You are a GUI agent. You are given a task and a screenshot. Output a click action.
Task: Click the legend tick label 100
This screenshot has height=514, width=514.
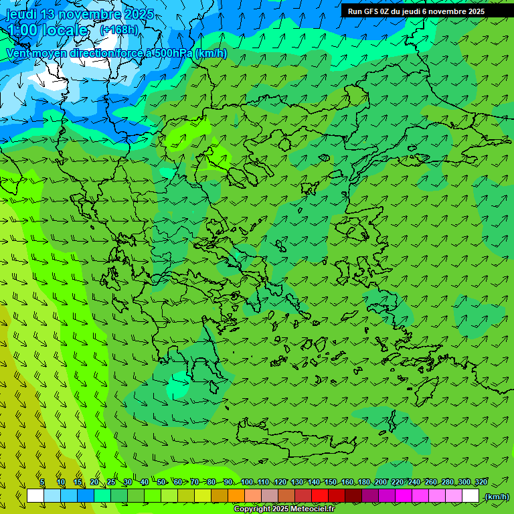[x=246, y=482]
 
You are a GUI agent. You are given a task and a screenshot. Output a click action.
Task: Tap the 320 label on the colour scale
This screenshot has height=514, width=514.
[x=481, y=482]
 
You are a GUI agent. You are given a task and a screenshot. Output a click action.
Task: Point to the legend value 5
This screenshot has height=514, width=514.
[x=42, y=482]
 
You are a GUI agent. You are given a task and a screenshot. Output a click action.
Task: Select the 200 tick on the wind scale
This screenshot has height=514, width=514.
[x=380, y=482]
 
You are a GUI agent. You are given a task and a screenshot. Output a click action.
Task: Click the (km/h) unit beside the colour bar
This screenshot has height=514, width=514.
[x=497, y=496]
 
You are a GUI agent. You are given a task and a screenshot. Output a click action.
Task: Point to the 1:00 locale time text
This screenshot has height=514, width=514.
[x=48, y=30]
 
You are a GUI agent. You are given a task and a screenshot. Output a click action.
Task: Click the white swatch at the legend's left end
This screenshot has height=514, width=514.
[x=35, y=496]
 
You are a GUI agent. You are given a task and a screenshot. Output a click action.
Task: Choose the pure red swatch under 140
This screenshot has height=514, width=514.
[x=320, y=496]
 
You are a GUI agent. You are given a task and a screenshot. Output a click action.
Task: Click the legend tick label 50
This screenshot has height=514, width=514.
[x=161, y=482]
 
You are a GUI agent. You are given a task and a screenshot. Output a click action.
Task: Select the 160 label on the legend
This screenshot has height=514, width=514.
[x=347, y=482]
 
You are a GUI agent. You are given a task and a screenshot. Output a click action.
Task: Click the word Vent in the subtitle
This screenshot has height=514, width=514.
[x=19, y=53]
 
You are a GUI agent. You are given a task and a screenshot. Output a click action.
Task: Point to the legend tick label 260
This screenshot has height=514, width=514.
[x=430, y=482]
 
